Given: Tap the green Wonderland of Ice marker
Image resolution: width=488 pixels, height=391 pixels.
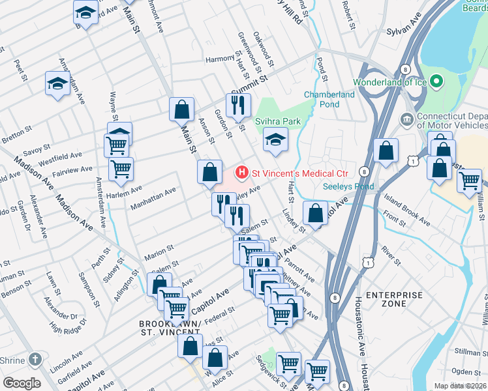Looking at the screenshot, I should click(437, 82).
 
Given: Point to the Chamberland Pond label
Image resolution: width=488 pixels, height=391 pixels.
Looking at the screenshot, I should click(329, 99).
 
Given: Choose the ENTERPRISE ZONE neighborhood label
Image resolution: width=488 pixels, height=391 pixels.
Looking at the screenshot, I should click(394, 300).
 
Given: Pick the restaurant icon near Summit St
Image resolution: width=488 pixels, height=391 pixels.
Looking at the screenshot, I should click(237, 104).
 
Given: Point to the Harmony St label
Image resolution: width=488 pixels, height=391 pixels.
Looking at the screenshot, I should click(220, 59).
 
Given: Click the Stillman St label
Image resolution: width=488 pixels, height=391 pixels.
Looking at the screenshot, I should click(468, 351).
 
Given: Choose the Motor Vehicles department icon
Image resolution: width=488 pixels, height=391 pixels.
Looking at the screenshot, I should click(406, 120).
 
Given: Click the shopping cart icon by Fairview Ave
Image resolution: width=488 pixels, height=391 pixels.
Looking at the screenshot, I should click(121, 169).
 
